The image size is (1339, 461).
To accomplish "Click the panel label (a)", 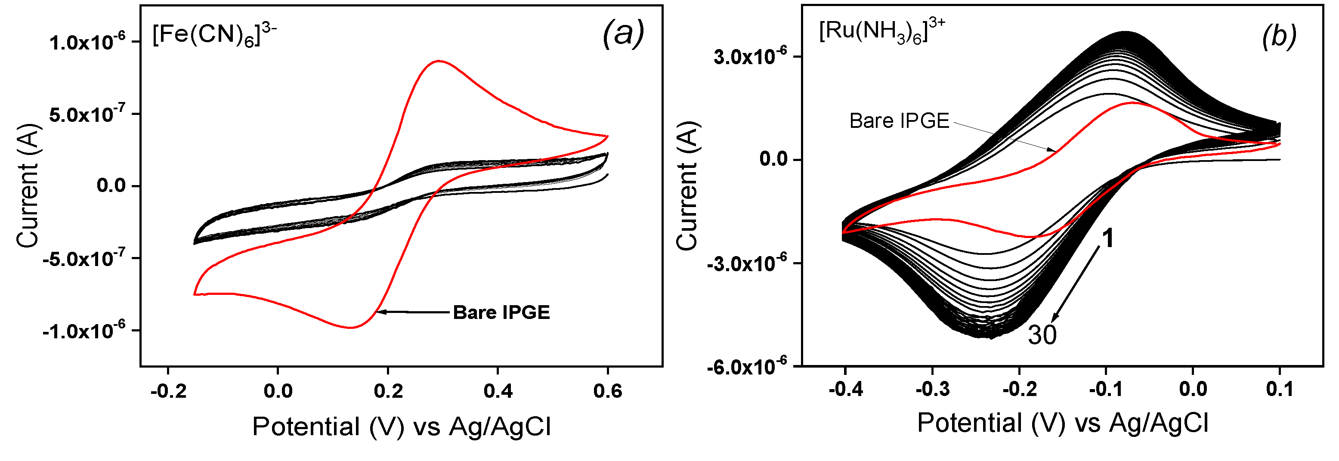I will [x=623, y=34].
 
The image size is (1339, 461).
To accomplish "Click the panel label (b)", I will [x=1279, y=37].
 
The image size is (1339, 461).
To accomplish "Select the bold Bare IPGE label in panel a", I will [x=501, y=312].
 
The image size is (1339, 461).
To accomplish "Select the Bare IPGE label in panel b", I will [x=899, y=121].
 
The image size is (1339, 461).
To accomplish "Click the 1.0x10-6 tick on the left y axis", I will [x=87, y=42].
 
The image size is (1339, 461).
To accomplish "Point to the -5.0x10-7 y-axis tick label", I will [x=84, y=258].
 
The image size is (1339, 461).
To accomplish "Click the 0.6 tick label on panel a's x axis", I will [x=607, y=391].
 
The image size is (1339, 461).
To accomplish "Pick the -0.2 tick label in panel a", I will [x=168, y=391].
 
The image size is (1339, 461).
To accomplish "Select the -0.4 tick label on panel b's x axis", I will [x=845, y=389].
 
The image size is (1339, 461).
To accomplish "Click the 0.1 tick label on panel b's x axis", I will [x=1279, y=389].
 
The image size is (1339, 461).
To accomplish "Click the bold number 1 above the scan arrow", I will [x=1108, y=238].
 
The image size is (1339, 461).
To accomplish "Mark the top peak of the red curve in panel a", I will [x=439, y=61].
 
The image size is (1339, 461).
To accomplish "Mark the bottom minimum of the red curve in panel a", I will [x=351, y=328].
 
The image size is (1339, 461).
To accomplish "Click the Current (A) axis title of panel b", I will [x=687, y=186].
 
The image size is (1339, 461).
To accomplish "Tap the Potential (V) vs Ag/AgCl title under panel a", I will [x=401, y=427].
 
